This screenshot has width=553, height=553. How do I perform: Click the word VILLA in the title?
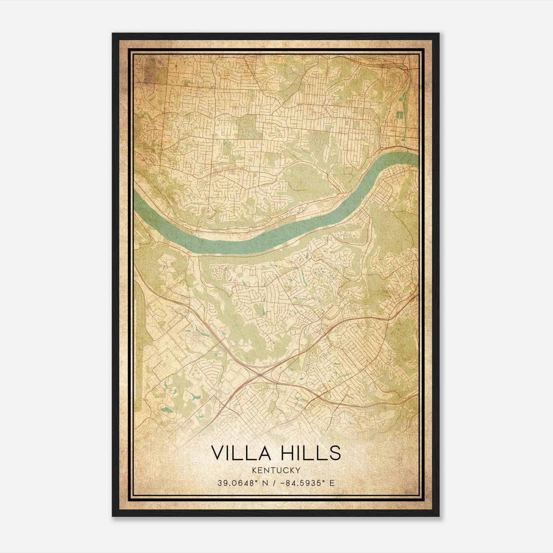coord(238,453)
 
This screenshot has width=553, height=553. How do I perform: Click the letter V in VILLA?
coord(218,453)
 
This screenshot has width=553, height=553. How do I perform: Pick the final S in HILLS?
coord(335,453)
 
